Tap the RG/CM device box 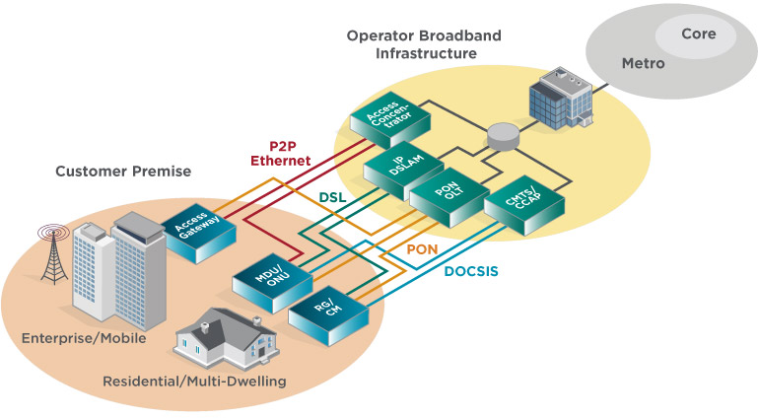(x=328, y=314)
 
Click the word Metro (x=643, y=64)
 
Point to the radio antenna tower (x=51, y=256)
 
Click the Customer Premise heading (x=123, y=172)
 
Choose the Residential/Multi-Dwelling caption (x=194, y=381)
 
